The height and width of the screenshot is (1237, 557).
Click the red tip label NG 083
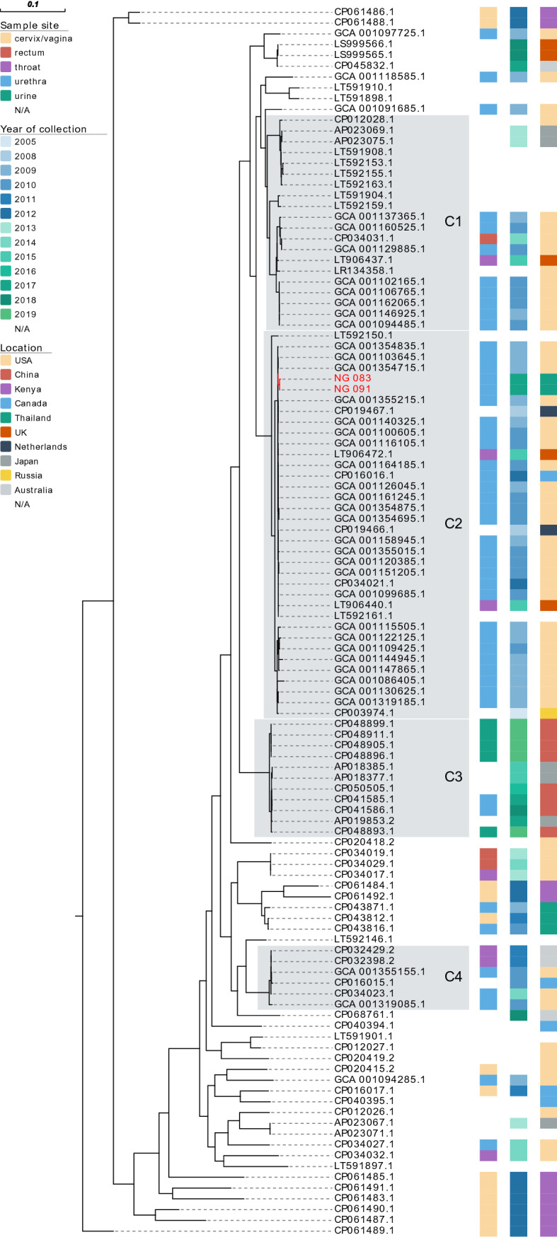tap(352, 378)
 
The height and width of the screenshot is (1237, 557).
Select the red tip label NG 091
tap(352, 389)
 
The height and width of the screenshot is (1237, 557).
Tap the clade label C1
tap(453, 222)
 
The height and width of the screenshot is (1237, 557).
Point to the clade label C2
tap(453, 524)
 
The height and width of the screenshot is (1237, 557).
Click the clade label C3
tap(453, 777)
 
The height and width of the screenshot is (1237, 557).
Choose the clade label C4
tap(453, 977)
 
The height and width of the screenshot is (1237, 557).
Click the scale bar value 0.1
tap(33, 4)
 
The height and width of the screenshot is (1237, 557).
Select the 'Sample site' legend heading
tap(30, 26)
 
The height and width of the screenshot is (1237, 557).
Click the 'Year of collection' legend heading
tap(43, 129)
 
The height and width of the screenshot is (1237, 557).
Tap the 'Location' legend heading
tap(21, 348)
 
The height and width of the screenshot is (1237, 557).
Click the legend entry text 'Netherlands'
tap(45, 446)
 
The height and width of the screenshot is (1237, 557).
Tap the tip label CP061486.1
tap(364, 12)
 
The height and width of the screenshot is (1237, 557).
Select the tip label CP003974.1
tap(364, 712)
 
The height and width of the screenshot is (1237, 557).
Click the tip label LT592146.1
tap(364, 939)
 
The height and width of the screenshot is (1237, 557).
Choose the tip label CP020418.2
tap(364, 842)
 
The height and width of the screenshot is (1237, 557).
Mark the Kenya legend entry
tap(28, 389)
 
